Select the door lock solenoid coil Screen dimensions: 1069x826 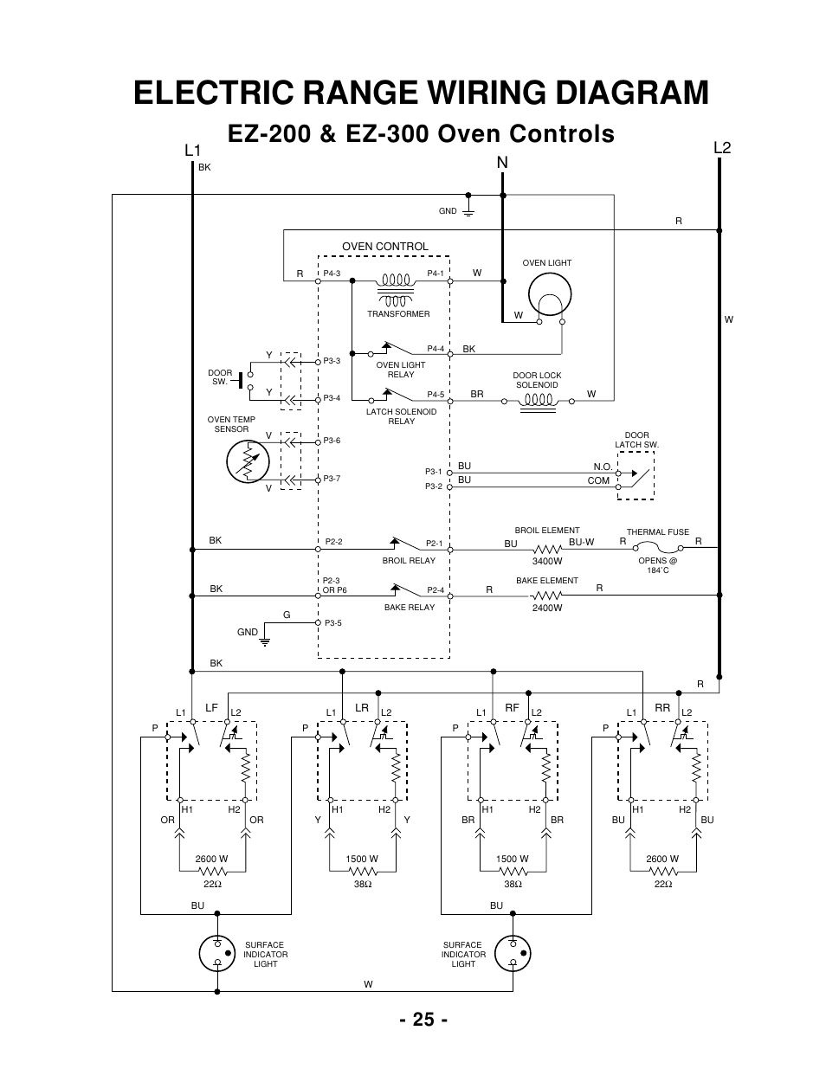pos(537,401)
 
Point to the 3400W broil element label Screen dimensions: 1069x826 pos(547,561)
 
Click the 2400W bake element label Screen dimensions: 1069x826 pos(547,608)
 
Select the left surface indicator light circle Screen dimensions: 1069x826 pos(216,954)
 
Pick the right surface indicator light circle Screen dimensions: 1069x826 pos(512,954)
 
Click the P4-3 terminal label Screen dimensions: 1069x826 pos(332,274)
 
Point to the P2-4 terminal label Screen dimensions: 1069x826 pos(435,590)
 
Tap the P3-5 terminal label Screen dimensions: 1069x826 pos(332,623)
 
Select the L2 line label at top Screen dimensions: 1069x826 pos(722,148)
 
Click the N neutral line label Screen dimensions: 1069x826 pos(502,163)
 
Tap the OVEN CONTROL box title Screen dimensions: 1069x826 pos(384,247)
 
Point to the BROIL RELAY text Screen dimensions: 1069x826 pos(409,561)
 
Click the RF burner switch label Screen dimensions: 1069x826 pos(512,707)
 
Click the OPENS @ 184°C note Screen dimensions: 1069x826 pos(657,565)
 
